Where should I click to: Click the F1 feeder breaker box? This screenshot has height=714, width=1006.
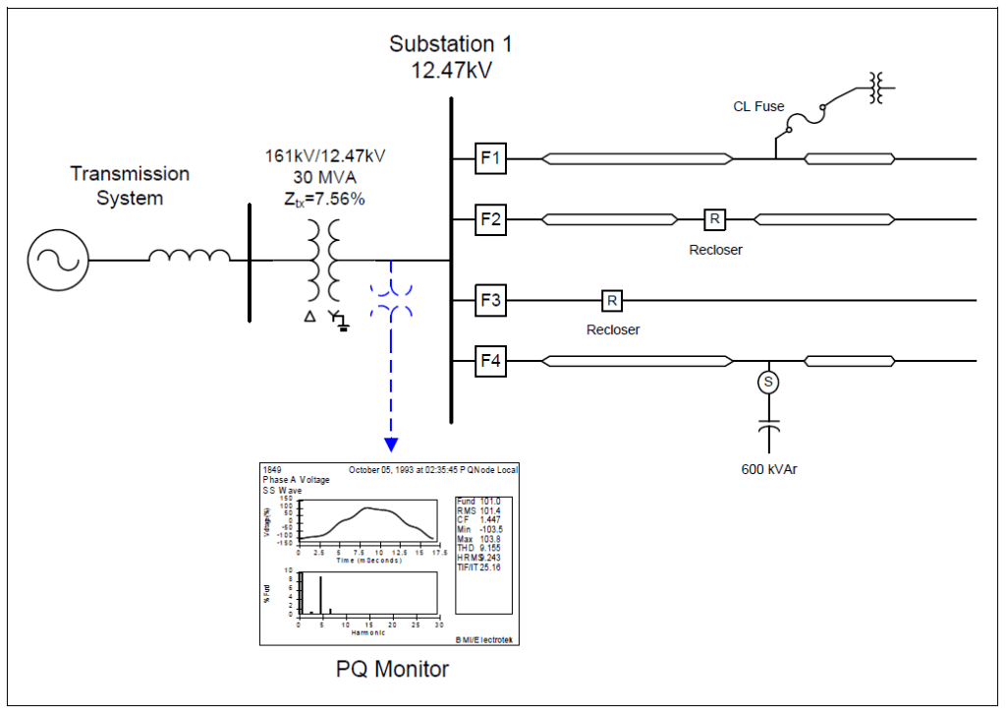[x=490, y=158]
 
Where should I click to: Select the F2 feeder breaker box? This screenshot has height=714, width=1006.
[x=490, y=218]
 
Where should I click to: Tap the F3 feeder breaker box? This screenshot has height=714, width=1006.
[x=490, y=299]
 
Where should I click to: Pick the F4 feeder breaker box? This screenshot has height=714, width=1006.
[x=490, y=362]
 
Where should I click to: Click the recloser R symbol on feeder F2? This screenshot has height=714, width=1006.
[x=714, y=218]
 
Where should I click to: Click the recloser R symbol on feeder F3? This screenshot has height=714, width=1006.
[x=611, y=299]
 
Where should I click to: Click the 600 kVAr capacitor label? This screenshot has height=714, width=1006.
[x=769, y=469]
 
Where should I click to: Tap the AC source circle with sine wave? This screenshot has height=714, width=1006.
[x=58, y=260]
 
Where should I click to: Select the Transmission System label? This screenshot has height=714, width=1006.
[x=129, y=186]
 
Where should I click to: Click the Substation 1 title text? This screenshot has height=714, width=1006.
[x=451, y=44]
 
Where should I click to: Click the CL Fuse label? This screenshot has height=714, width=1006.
[x=758, y=106]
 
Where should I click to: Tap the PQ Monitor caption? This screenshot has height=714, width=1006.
[x=393, y=670]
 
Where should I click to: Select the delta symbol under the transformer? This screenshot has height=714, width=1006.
[x=310, y=317]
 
